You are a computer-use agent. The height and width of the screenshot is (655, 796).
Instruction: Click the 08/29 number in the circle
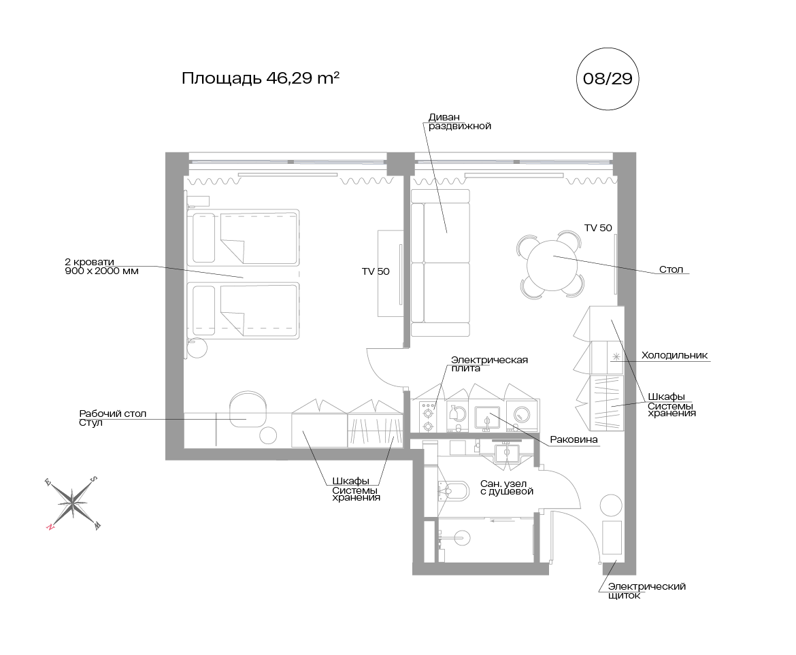608,79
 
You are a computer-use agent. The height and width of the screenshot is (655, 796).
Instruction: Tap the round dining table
552,265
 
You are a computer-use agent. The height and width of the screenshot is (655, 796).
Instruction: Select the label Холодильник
674,355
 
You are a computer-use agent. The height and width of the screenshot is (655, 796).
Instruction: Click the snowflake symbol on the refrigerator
616,356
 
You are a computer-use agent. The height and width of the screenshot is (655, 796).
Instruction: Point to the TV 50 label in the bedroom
376,271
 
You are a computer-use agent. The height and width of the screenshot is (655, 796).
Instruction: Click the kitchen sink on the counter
487,418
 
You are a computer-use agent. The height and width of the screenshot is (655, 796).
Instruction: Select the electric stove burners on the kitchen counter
428,416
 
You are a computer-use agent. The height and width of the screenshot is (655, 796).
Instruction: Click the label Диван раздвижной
459,122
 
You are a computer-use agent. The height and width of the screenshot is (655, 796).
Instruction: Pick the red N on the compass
50,526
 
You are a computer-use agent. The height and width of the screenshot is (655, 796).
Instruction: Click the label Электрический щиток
647,591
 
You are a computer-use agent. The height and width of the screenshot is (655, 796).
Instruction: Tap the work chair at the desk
248,409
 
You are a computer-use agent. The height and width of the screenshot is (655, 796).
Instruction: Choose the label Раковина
574,440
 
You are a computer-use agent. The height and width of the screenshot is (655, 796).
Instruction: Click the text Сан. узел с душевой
507,488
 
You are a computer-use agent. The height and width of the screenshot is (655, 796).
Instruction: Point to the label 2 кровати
89,262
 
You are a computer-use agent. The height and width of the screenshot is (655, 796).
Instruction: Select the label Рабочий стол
113,414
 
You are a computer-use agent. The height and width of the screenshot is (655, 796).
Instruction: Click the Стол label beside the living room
671,269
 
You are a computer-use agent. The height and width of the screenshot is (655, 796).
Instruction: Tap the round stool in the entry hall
611,505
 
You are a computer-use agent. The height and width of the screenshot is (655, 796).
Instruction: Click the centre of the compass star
73,503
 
